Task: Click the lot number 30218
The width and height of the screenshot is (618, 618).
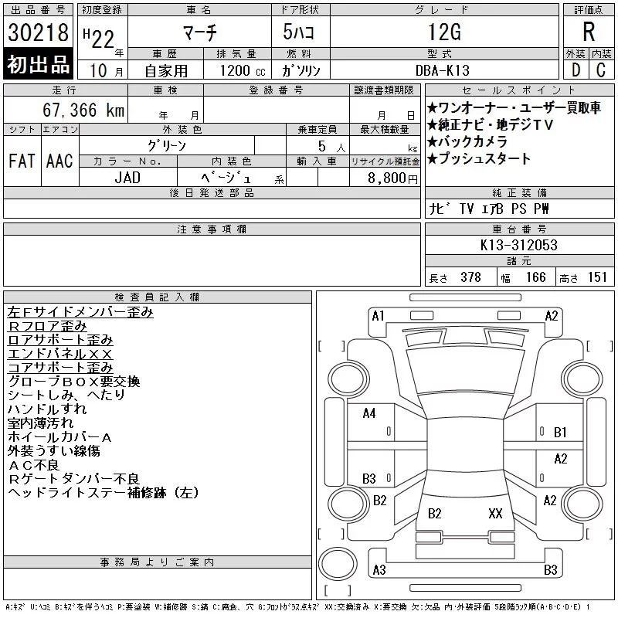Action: pos(38,32)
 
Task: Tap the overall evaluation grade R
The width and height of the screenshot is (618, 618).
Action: pos(589,32)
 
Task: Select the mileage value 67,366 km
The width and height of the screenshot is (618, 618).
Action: pos(83,110)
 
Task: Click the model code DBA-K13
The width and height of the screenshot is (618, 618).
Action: pos(443,70)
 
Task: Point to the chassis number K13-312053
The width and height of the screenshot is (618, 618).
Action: pos(518,245)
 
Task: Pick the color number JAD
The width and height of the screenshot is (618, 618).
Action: pos(127,178)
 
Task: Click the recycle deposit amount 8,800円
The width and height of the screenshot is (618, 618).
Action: pos(392,178)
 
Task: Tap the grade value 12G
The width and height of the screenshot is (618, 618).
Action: pos(444,32)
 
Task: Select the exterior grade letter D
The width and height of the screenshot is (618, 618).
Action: pos(576,70)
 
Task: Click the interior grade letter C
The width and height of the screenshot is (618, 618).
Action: pos(601,70)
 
